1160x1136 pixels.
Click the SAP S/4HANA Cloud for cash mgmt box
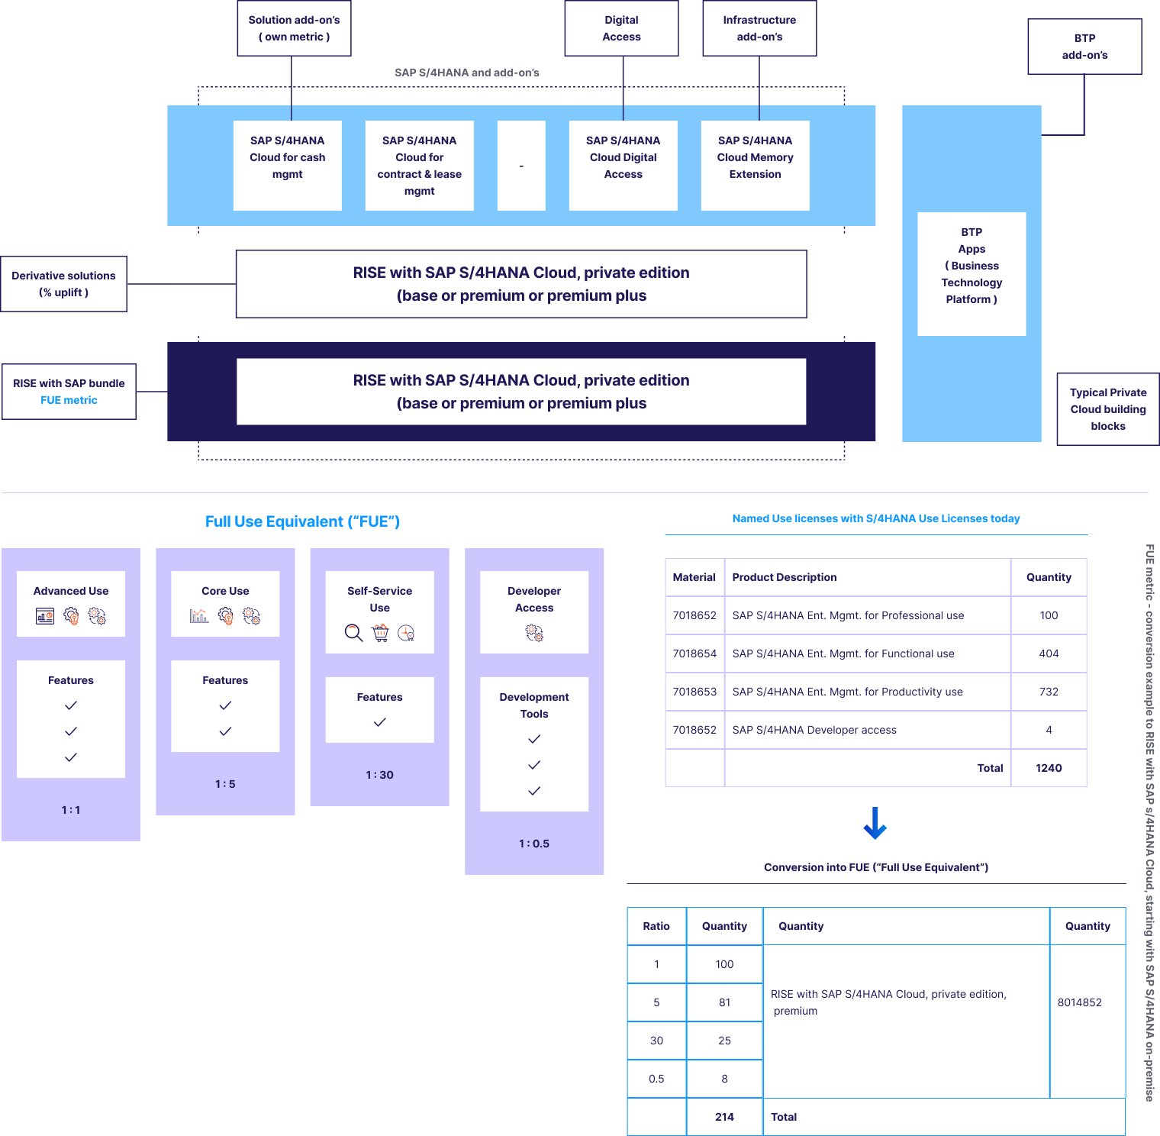287,165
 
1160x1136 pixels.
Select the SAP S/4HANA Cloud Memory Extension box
755,165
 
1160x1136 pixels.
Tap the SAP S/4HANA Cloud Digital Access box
623,165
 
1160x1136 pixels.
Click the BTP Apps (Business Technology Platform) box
971,273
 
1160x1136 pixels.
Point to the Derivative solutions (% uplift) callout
63,284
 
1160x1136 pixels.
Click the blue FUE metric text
69,400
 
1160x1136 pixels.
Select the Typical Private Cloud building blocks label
1107,409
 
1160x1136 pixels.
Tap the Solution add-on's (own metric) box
294,28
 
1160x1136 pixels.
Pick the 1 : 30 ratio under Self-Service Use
379,775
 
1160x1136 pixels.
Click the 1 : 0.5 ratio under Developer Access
533,844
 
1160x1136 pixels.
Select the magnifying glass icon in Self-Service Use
353,633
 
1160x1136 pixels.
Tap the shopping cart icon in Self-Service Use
380,633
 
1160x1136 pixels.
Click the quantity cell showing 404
1049,654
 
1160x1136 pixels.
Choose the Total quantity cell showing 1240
1049,768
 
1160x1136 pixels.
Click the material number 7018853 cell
694,692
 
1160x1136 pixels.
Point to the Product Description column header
784,577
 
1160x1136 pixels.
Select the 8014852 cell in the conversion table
1079,1002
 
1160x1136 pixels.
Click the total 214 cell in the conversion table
724,1117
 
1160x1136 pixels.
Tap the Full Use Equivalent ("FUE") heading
302,521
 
